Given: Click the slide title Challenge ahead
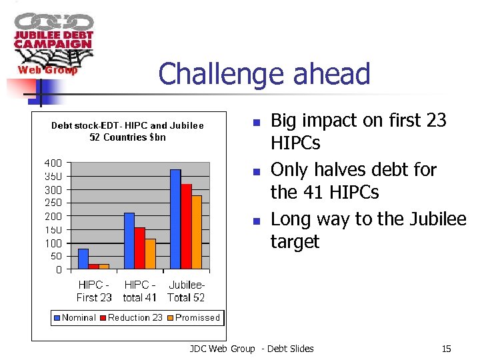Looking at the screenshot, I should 264,73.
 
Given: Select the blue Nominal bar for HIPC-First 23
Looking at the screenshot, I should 83,259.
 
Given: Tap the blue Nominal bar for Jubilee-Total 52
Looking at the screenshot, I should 175,219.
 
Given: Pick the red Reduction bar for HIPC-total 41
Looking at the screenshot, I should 139,248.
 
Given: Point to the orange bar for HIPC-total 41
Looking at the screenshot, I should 150,254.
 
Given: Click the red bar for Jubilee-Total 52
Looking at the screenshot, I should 186,227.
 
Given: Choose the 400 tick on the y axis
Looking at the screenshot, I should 53,163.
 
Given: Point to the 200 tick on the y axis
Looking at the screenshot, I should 53,216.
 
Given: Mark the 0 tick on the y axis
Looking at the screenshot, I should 59,269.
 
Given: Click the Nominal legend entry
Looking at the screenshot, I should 75,317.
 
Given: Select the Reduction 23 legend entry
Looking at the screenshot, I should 131,317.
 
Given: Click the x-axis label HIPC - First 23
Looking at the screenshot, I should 94,291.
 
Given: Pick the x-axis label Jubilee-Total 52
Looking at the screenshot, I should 186,291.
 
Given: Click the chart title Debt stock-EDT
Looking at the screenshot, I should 127,131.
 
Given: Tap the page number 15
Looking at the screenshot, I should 446,349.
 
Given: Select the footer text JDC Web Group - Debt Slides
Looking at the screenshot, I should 251,349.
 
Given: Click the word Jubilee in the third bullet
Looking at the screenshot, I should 434,219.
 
